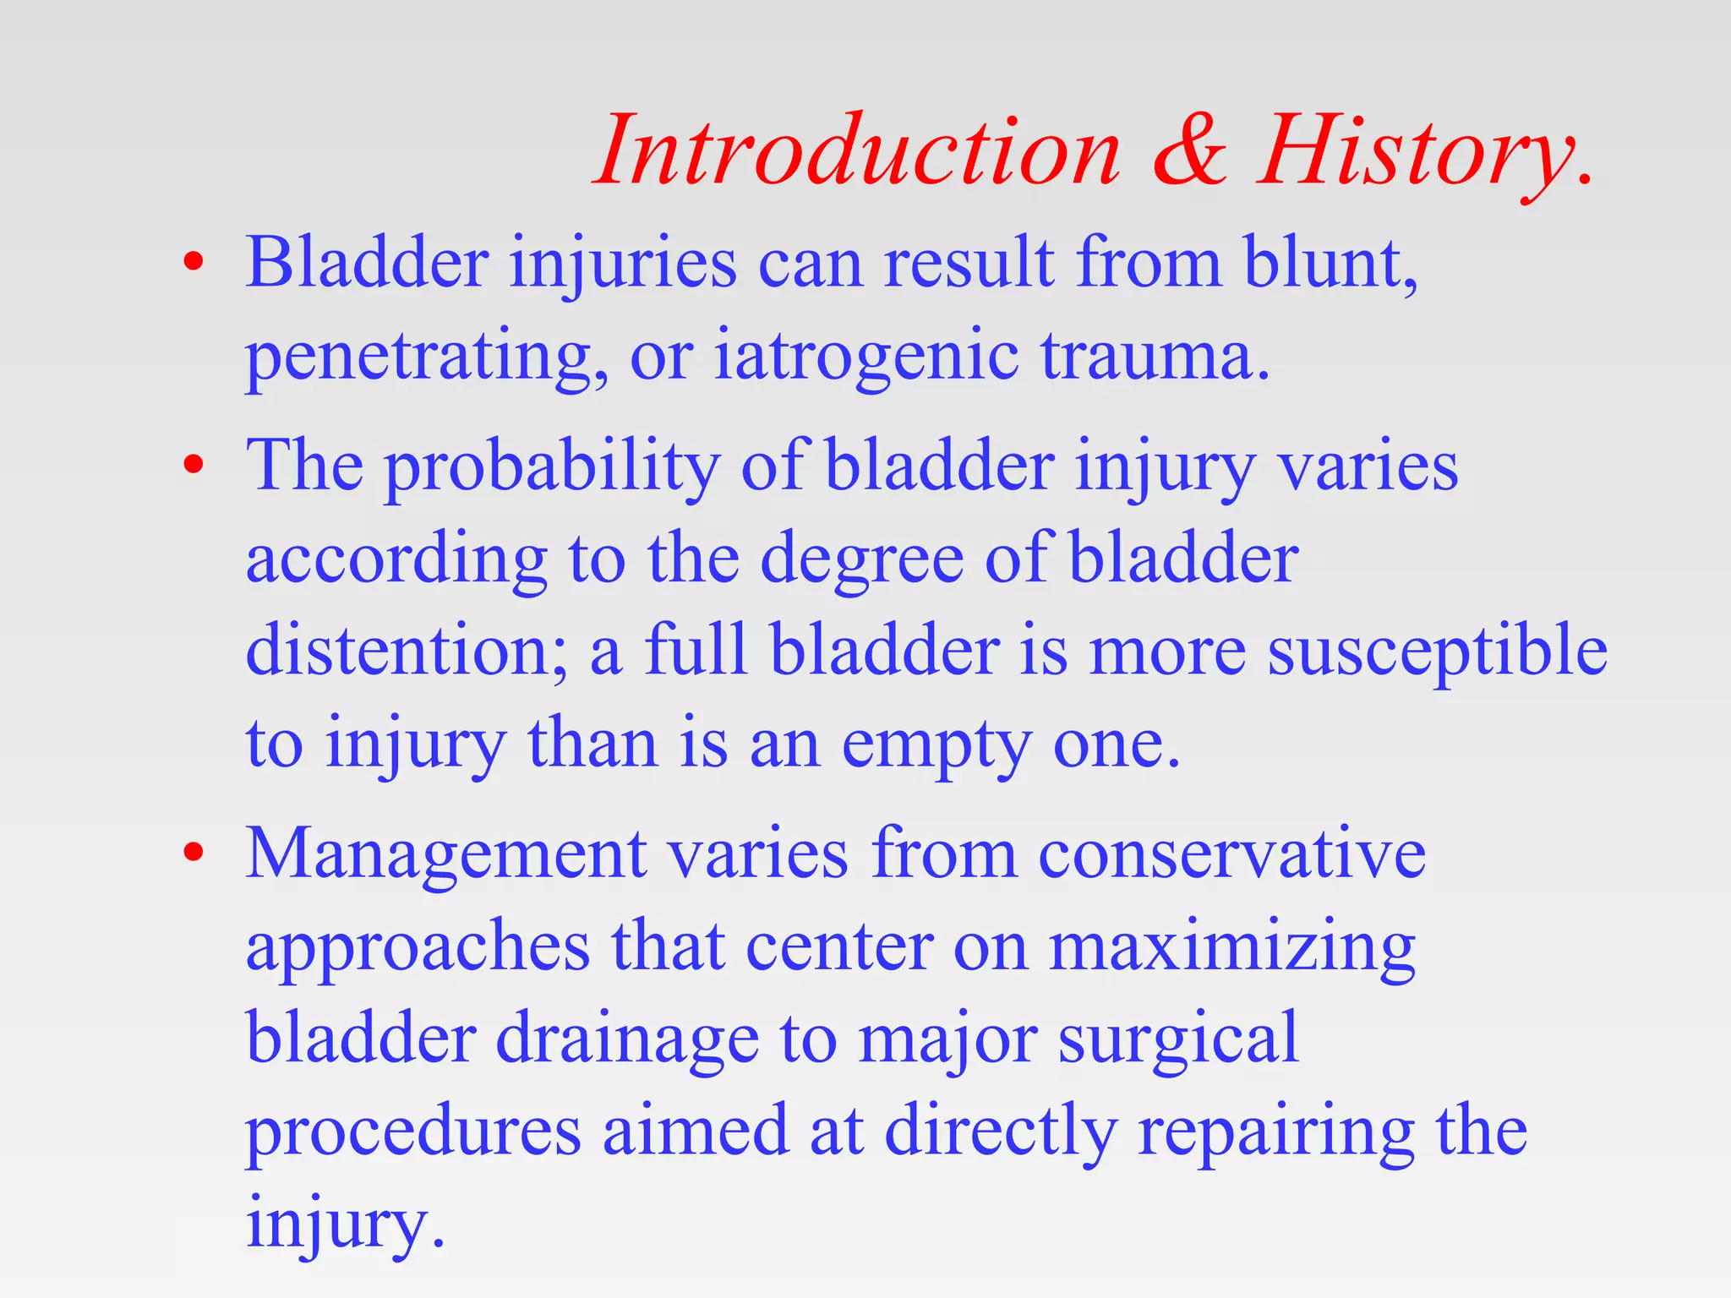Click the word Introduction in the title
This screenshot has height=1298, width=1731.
(x=858, y=152)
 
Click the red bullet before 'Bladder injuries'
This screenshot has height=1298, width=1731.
(x=194, y=261)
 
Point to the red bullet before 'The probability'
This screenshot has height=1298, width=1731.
(x=194, y=464)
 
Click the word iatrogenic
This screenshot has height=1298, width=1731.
(x=866, y=356)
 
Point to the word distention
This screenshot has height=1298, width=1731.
(x=406, y=651)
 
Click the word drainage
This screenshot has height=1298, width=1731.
(x=626, y=1039)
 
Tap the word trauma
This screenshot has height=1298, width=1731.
(x=1154, y=356)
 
